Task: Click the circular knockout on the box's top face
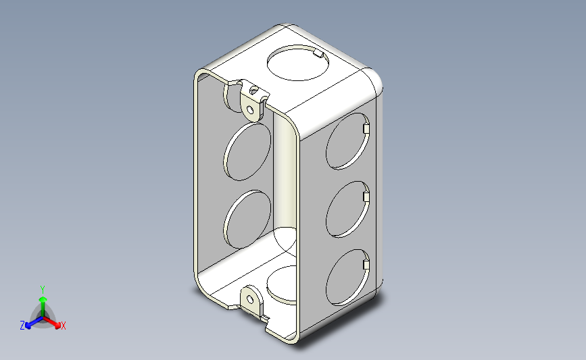tap(298, 63)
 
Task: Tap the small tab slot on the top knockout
tap(318, 54)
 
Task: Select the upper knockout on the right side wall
tap(347, 141)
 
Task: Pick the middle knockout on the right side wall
tap(347, 209)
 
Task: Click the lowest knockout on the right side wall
tap(347, 278)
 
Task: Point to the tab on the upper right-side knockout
tap(366, 128)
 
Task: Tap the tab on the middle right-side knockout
tap(366, 197)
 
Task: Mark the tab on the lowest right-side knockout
tap(366, 265)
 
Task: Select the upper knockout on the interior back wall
tap(247, 151)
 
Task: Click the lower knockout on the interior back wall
tap(247, 220)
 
